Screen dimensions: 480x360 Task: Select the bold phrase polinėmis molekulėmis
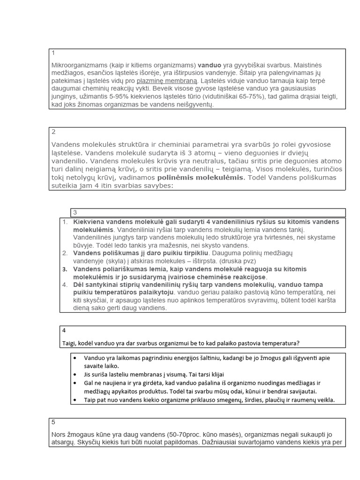pyautogui.click(x=201, y=178)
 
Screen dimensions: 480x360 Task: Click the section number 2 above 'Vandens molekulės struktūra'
pyautogui.click(x=53, y=132)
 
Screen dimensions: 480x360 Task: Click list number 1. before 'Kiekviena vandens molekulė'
pyautogui.click(x=65, y=222)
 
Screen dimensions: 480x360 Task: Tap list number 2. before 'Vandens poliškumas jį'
pyautogui.click(x=65, y=254)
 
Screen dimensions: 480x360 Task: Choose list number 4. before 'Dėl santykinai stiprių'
pyautogui.click(x=65, y=285)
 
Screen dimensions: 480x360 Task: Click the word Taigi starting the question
pyautogui.click(x=70, y=343)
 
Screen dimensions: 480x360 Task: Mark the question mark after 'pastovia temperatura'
pyautogui.click(x=299, y=343)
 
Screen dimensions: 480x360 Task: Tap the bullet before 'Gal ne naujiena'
pyautogui.click(x=75, y=383)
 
